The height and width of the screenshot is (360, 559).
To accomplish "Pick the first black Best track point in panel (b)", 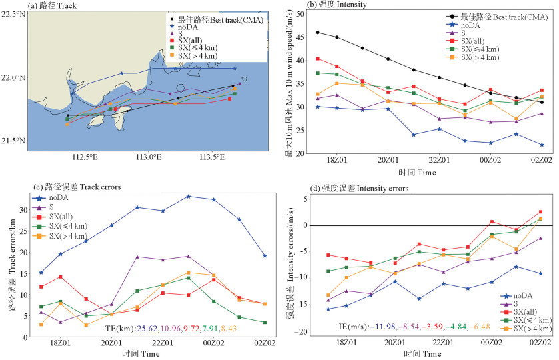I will (x=318, y=32).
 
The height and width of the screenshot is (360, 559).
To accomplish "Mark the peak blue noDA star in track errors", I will (x=189, y=196).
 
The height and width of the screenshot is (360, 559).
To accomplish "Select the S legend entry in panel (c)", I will (x=53, y=207).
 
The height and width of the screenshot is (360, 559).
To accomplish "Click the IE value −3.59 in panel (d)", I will (x=452, y=329).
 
